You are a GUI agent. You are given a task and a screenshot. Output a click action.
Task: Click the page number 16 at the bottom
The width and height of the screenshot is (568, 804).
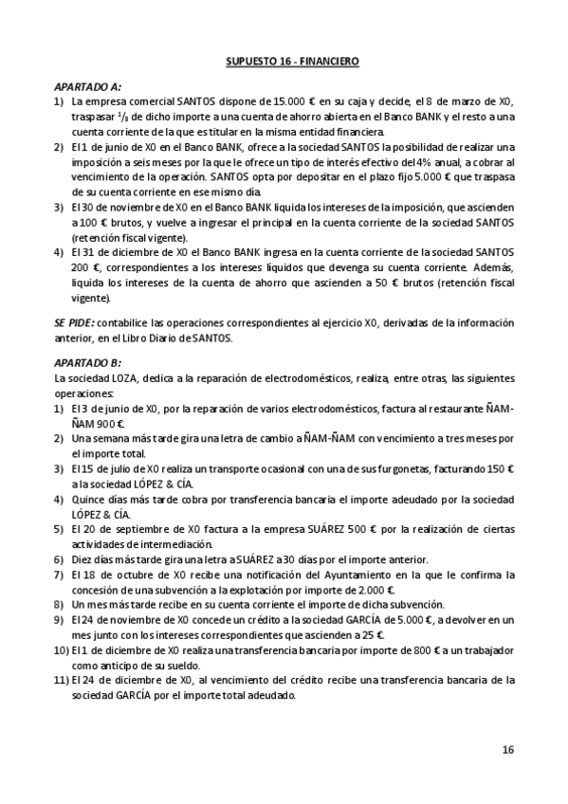pos(507,749)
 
